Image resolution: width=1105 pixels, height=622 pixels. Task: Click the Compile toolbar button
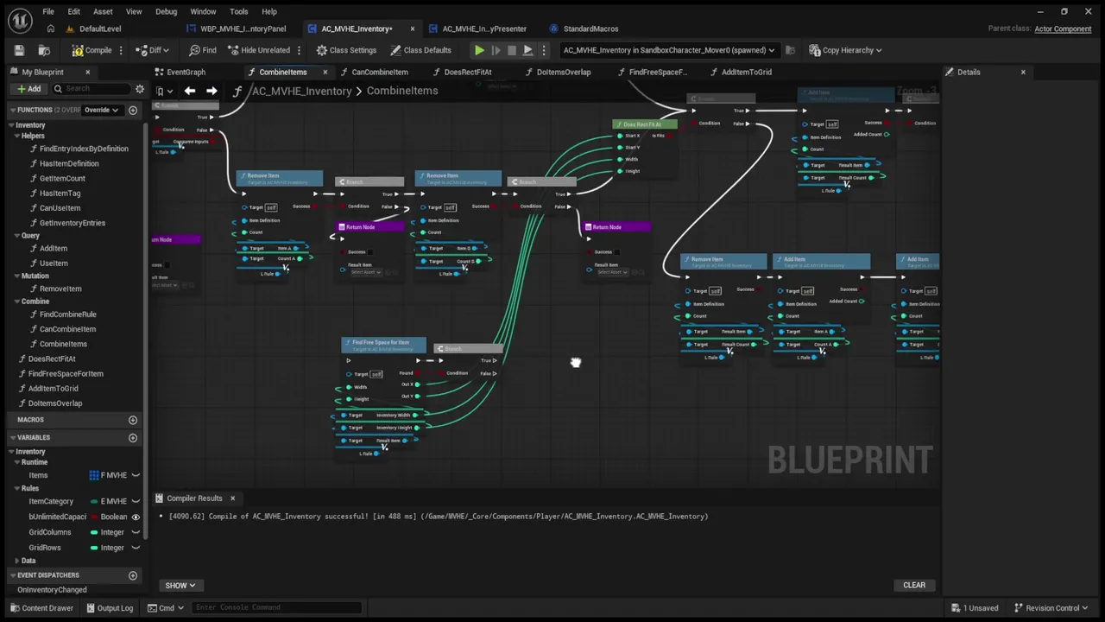click(x=92, y=50)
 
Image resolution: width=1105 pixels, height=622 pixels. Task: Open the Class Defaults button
click(x=420, y=50)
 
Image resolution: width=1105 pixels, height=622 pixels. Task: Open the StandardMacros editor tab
click(x=590, y=29)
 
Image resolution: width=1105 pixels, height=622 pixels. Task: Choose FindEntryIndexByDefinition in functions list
click(x=84, y=149)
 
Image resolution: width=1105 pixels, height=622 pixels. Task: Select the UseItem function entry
click(x=54, y=263)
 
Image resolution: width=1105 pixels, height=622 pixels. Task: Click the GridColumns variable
click(x=50, y=532)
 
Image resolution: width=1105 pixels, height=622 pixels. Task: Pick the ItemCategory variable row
click(x=51, y=501)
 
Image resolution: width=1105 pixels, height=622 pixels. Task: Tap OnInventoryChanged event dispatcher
click(x=52, y=590)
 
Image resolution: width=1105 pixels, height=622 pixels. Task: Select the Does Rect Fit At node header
click(x=642, y=124)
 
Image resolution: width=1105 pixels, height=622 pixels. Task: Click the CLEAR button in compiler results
click(x=913, y=585)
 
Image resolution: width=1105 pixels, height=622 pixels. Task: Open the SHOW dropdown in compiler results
click(x=180, y=585)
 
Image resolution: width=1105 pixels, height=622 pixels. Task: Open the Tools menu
click(x=238, y=11)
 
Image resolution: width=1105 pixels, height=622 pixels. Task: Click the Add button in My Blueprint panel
click(x=28, y=89)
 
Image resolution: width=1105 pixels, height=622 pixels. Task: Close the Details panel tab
click(x=1023, y=72)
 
